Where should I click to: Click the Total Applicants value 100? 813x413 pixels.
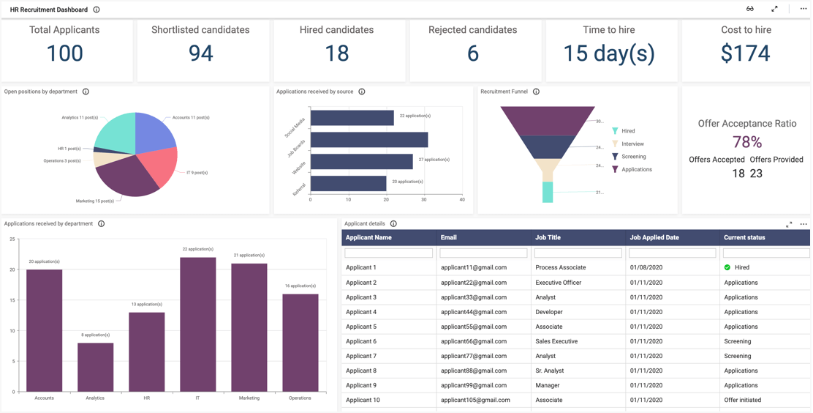65,53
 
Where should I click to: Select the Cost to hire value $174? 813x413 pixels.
745,53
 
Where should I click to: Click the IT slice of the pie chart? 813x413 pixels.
159,163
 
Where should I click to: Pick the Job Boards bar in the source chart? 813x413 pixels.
369,140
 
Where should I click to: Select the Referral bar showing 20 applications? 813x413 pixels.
348,184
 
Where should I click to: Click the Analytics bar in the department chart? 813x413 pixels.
96,367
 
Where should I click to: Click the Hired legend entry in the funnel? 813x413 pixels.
628,131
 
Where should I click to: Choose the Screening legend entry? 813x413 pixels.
633,157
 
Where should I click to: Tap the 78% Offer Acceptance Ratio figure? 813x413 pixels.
746,142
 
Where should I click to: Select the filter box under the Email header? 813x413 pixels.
483,253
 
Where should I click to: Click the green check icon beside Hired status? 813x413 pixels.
727,268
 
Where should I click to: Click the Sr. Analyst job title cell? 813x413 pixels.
550,371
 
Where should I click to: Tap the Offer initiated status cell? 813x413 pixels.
742,400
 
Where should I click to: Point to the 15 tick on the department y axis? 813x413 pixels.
12,300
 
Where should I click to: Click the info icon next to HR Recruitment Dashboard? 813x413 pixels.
97,10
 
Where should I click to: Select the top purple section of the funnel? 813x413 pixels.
548,120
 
